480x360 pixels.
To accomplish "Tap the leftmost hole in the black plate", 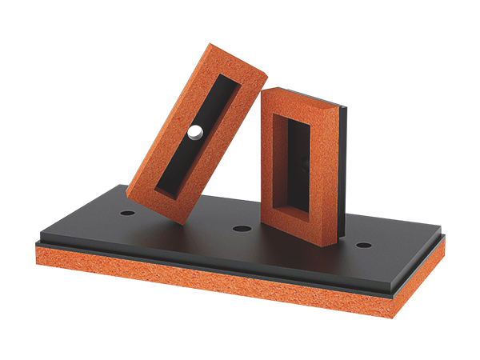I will coord(127,214).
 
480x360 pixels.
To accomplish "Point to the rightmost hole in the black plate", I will coord(363,244).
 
